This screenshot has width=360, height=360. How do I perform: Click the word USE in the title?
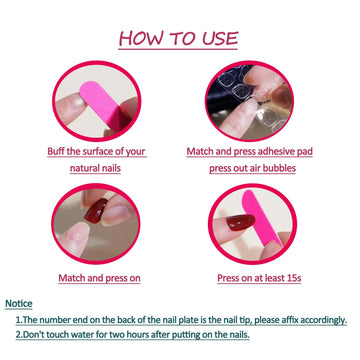pos(219,38)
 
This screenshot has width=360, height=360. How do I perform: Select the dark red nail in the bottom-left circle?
pos(96,211)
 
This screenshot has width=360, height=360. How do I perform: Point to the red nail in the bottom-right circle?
pos(240,222)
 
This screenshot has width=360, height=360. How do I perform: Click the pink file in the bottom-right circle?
pos(261,218)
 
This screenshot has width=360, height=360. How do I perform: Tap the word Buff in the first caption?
pos(56,152)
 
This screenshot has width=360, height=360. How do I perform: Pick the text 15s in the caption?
pos(294,278)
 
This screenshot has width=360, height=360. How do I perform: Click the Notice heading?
pos(19,304)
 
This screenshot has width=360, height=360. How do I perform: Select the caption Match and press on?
pos(99,278)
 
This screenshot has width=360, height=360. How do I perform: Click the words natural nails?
pos(95,168)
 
